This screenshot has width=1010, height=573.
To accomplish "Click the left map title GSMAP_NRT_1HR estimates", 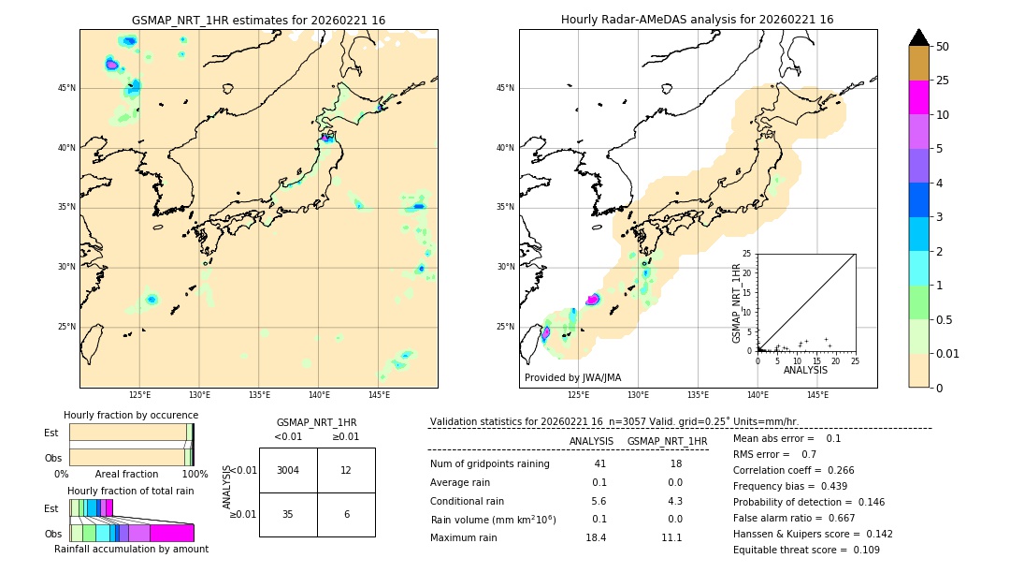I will point(258,20).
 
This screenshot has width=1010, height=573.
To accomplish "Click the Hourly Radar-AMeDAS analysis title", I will point(697,20).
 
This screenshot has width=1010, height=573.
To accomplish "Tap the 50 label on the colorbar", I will point(943,47).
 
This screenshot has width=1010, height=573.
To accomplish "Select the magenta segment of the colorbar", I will point(918,97).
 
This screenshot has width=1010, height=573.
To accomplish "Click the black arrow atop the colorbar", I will point(918,37).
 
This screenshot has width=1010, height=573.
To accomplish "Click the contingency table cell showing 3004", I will point(288,470).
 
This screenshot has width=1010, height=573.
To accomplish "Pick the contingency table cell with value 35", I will point(288,514).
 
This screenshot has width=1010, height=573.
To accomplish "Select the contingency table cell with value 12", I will point(346,470).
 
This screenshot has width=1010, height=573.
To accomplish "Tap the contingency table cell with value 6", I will point(346,514).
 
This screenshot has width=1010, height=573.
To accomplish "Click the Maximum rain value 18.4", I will point(596,537).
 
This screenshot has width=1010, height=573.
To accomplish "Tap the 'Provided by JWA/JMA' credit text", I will point(572,377).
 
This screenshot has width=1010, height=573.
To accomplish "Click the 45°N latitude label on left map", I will point(66,88).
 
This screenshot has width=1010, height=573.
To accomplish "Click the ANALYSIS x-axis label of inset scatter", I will point(805,370).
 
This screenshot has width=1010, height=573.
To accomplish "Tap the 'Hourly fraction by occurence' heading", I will point(131,415).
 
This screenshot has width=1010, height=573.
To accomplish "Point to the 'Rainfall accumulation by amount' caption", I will point(131,549).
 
